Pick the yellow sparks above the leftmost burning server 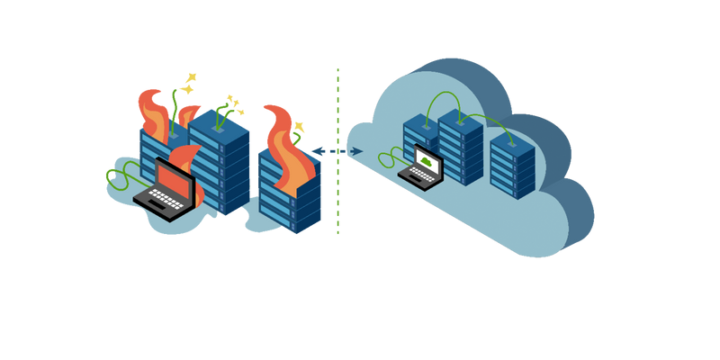187,83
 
